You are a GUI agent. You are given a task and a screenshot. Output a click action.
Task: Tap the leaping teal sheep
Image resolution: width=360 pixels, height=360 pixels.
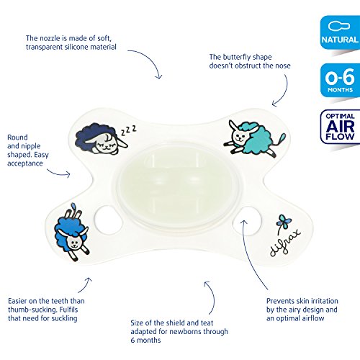(x=254, y=139)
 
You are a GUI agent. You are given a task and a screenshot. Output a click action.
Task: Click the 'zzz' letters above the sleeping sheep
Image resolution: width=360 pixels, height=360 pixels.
(x=129, y=130)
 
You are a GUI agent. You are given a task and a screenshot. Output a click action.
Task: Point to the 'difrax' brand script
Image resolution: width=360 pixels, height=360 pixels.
(x=285, y=243)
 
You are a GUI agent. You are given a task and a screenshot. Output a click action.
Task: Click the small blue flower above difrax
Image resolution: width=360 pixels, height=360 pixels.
(x=284, y=222)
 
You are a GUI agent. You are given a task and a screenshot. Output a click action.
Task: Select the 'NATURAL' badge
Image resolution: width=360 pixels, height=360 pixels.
(x=340, y=32)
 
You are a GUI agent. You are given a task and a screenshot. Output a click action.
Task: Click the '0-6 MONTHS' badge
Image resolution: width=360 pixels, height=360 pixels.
(x=340, y=81)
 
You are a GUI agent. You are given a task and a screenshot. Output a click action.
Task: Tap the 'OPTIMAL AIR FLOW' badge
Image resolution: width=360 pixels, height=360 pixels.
(x=340, y=127)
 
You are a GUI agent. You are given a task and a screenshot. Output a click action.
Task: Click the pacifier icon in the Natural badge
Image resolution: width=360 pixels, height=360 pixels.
(x=339, y=26)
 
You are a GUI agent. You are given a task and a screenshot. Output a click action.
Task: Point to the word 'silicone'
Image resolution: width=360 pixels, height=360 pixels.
(x=78, y=47)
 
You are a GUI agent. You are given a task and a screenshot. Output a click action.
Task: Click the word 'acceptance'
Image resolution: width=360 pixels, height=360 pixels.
(x=25, y=163)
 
